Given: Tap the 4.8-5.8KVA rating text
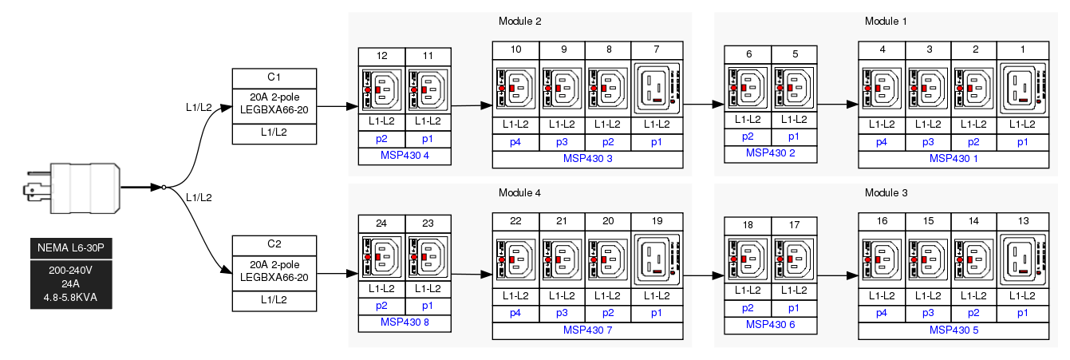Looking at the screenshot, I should coord(71,298).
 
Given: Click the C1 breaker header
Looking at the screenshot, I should coord(274,77).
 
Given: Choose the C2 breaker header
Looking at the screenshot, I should coord(274,244).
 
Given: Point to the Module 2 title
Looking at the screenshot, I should coord(519,21).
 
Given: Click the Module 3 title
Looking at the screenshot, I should coord(886,193).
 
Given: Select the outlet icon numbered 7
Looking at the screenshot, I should coord(657,89).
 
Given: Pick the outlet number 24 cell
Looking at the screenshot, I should coord(381,224).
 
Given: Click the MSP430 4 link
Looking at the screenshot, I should coord(405,155).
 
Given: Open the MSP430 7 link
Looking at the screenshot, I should coord(587,330).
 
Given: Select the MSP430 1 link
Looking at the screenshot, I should coord(953,158).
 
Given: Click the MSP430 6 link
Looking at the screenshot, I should coord(771,325).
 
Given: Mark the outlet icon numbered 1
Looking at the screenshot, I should coord(1022,89).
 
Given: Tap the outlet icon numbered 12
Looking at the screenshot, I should coord(381,89).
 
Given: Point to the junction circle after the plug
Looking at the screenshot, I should coord(164,187).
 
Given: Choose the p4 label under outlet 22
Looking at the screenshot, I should coord(515,312).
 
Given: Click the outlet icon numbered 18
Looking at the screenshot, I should coord(748,259).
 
